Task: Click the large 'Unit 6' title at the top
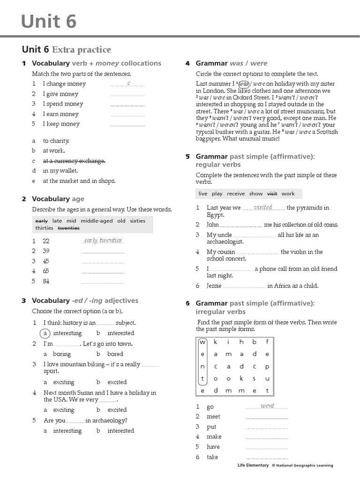[x=49, y=22]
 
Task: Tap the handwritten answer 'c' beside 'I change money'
[x=128, y=83]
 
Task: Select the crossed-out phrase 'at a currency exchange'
[x=74, y=161]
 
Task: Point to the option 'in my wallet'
[x=60, y=171]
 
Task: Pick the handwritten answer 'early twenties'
[x=103, y=240]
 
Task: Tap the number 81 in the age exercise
[x=46, y=281]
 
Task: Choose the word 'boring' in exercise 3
[x=62, y=354]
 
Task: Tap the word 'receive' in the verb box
[x=236, y=194]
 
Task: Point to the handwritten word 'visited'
[x=263, y=207]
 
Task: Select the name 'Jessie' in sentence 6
[x=214, y=285]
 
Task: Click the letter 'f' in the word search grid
[x=267, y=342]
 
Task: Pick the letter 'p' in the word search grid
[x=267, y=366]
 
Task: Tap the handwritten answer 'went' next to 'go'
[x=267, y=406]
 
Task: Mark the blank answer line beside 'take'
[x=267, y=458]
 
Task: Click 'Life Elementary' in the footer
[x=253, y=465]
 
